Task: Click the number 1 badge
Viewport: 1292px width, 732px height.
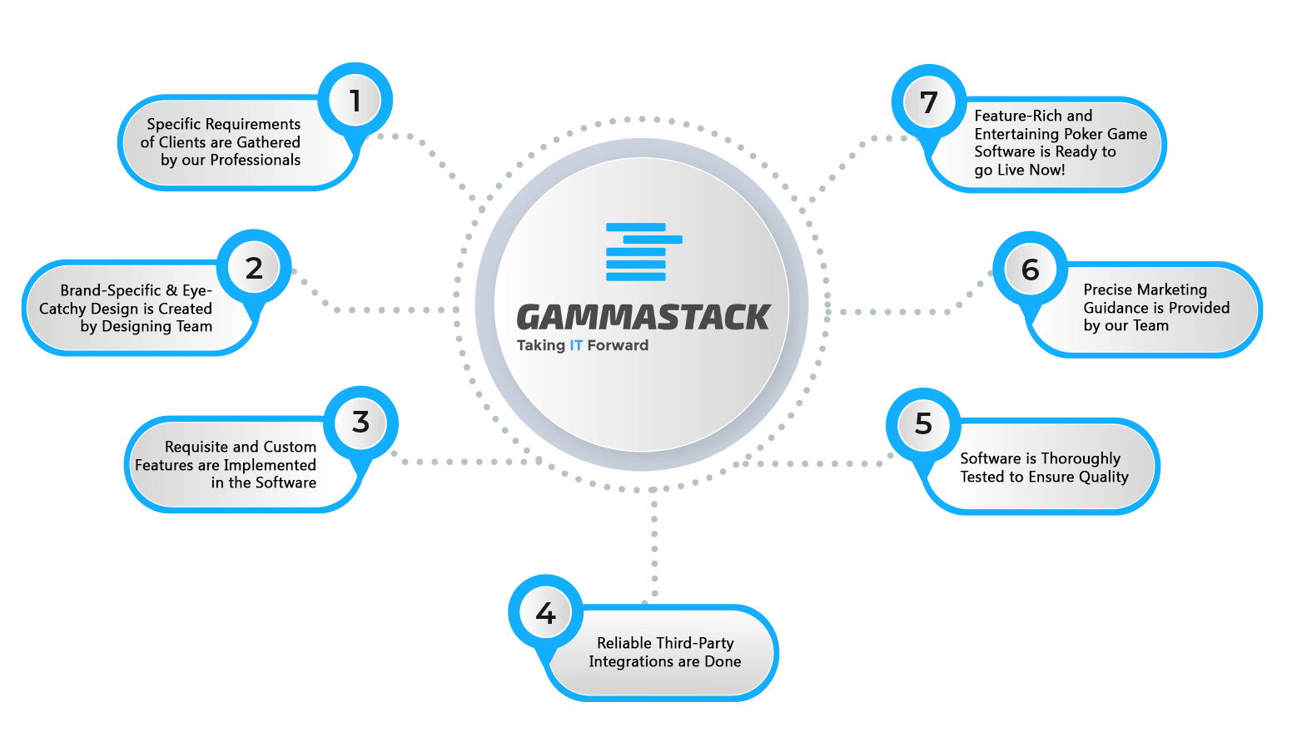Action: [355, 101]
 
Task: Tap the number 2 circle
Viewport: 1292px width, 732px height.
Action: [254, 268]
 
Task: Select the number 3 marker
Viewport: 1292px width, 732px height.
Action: [360, 423]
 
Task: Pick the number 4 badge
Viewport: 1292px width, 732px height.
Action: [545, 612]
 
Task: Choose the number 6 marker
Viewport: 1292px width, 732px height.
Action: [1030, 270]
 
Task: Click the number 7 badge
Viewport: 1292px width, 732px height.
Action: [929, 102]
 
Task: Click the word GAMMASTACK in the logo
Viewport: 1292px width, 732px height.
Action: [644, 317]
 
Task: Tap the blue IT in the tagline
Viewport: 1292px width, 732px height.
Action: [575, 345]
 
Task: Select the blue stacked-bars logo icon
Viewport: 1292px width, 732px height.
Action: [644, 252]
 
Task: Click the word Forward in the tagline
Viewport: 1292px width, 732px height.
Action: [618, 345]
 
